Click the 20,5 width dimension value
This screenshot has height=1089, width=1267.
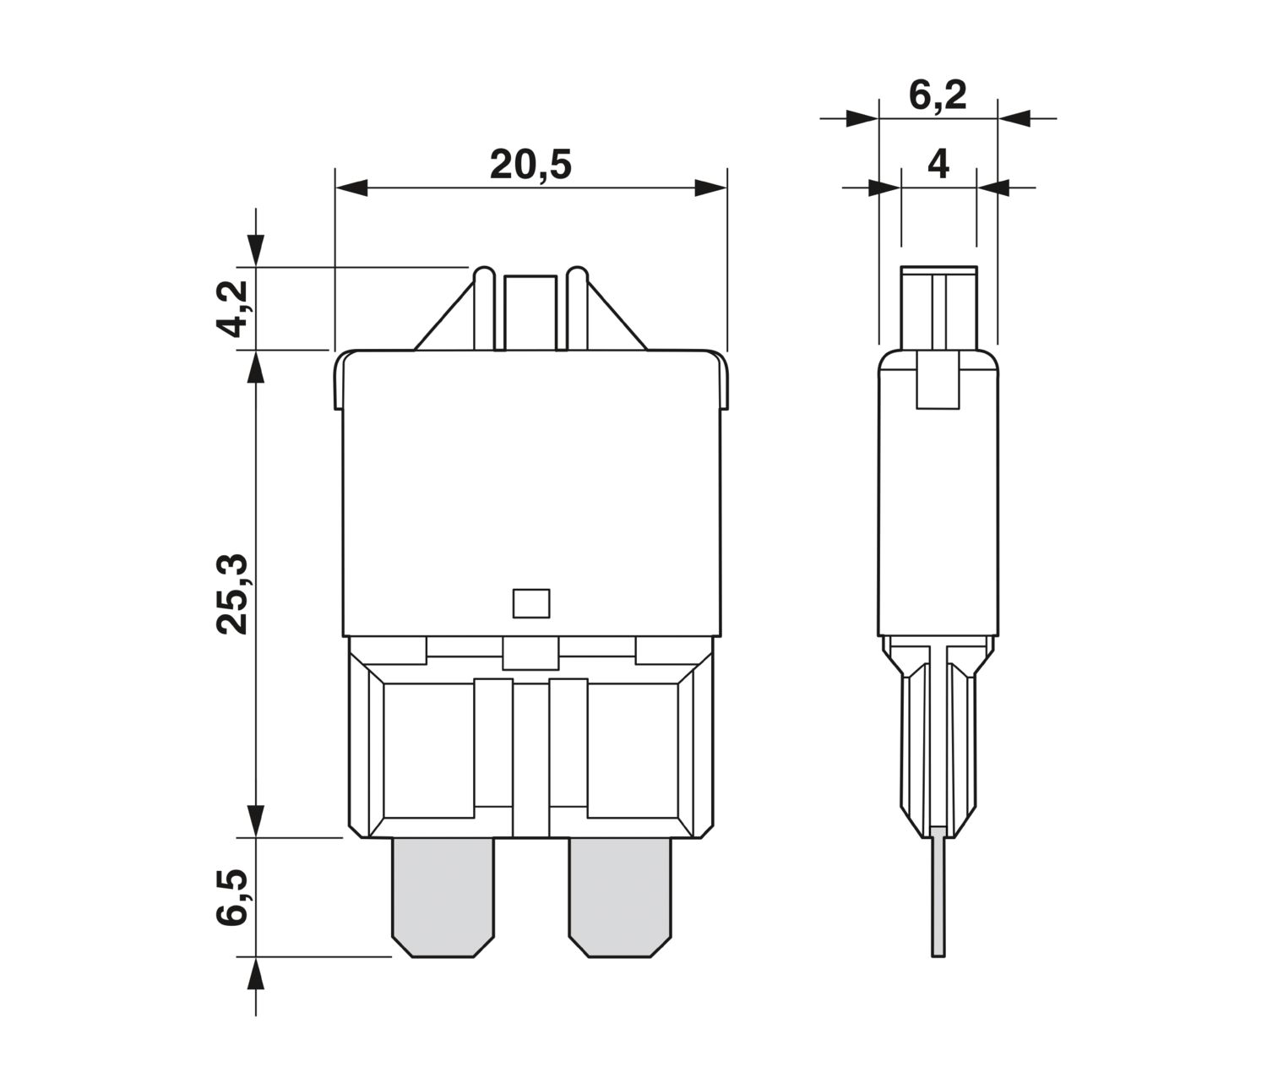[530, 165]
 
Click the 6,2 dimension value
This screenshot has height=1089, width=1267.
[938, 95]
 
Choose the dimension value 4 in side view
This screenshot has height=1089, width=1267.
[938, 165]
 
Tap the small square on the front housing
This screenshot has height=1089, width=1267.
[530, 603]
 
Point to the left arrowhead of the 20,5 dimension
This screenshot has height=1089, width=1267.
[352, 188]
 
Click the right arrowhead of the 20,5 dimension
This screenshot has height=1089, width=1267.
[710, 188]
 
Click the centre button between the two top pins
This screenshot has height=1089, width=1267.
[530, 313]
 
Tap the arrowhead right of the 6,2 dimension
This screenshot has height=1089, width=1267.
[1014, 118]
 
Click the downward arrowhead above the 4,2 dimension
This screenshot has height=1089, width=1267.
[256, 251]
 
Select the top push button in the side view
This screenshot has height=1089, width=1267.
[938, 308]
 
